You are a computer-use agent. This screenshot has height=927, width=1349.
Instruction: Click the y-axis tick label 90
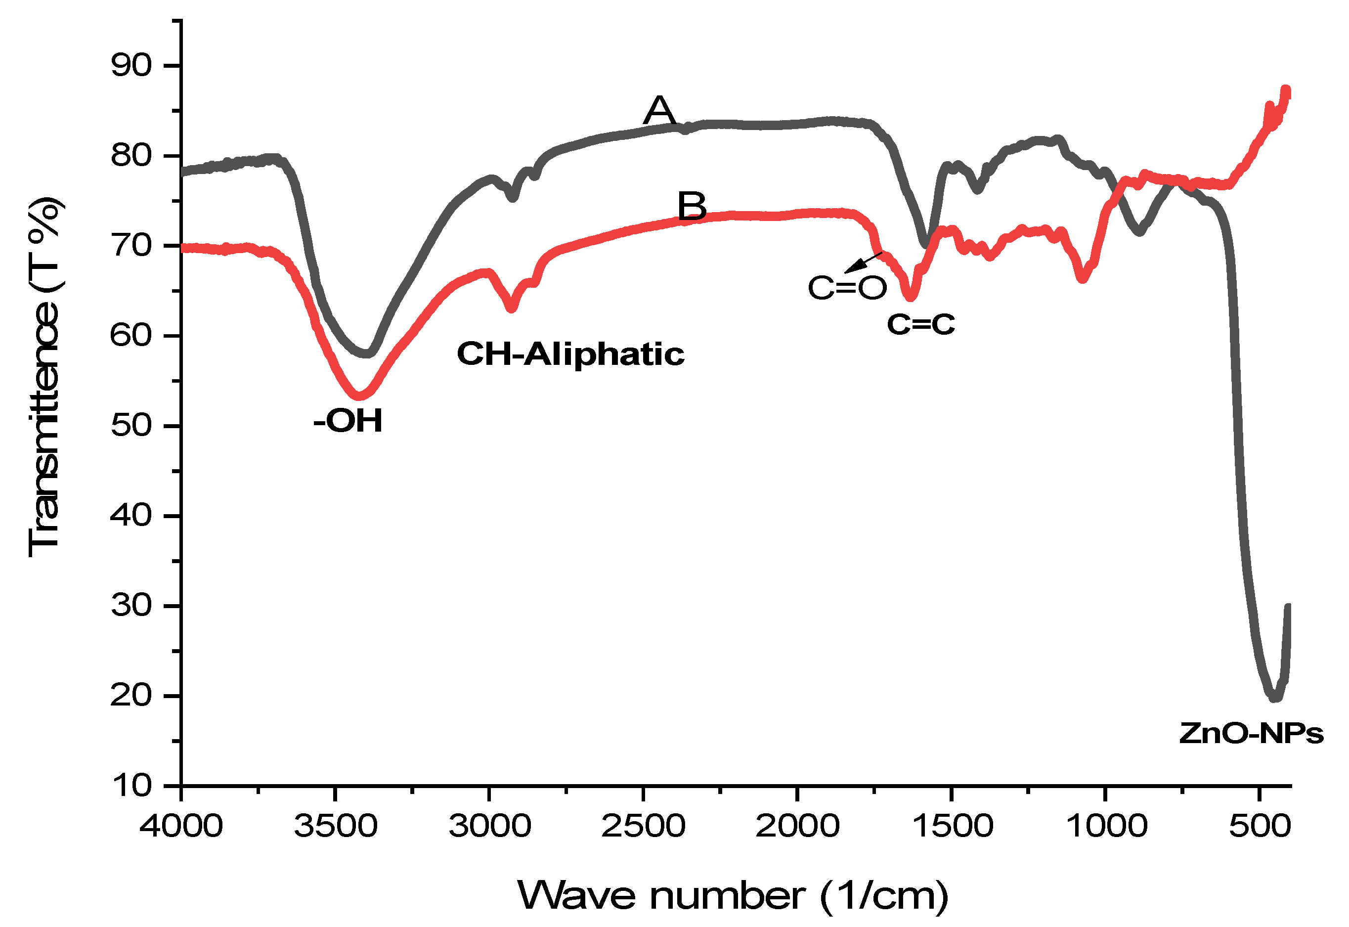point(131,66)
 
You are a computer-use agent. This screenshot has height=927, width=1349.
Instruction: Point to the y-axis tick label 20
point(131,695)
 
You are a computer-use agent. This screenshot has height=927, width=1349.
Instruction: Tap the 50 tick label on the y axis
point(131,426)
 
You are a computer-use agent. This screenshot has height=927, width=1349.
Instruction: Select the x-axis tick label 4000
point(181,825)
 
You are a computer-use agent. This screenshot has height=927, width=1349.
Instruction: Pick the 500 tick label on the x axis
point(1260,825)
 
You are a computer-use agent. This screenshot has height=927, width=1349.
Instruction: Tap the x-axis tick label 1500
point(953,825)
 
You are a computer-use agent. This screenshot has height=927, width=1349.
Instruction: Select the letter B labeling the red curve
point(692,206)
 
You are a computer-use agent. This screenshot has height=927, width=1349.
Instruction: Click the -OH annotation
point(348,421)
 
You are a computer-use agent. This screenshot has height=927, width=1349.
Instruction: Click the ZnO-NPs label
point(1251,733)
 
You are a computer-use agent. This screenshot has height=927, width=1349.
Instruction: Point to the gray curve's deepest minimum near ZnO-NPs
point(1274,697)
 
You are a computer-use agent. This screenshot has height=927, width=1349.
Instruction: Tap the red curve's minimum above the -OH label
point(359,395)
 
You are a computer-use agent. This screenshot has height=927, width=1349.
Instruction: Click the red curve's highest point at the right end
point(1286,90)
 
